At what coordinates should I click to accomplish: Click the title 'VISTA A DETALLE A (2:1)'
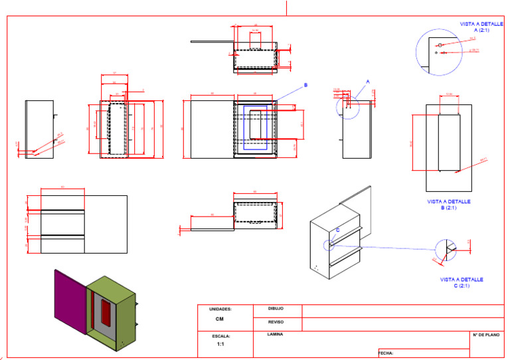coord(481,27)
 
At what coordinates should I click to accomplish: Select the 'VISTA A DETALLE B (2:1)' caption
coord(448,204)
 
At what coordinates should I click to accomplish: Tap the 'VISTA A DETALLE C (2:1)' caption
coord(461,282)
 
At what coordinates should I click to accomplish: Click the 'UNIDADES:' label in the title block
coord(220,310)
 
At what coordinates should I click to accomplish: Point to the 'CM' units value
coord(220,319)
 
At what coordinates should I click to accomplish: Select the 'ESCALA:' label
coord(220,336)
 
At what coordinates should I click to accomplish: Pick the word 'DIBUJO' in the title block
coord(276,309)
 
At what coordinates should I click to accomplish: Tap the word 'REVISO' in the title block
coord(276,321)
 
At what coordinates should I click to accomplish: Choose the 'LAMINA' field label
coord(275,334)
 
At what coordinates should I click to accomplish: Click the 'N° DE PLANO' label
coord(485,335)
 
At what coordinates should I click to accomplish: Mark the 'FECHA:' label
coord(386,353)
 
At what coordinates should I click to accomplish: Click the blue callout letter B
coord(305,85)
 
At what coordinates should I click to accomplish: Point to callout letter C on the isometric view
coord(337,230)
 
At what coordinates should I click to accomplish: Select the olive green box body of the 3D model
coord(123,296)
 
